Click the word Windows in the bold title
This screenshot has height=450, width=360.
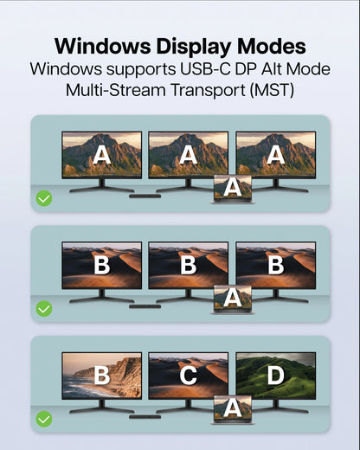[102, 46]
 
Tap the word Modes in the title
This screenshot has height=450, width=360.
[272, 46]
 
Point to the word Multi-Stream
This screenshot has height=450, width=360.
[116, 90]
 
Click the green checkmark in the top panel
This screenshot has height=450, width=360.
[44, 198]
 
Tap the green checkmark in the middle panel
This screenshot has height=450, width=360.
[44, 309]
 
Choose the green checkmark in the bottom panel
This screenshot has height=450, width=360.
[44, 419]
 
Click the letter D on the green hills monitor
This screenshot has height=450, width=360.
[276, 376]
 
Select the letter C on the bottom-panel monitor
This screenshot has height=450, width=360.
[189, 376]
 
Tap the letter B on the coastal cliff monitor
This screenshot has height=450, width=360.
[102, 376]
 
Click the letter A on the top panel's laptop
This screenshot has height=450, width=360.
[233, 187]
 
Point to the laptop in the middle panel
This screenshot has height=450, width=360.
[233, 299]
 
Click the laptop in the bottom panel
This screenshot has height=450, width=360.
[233, 409]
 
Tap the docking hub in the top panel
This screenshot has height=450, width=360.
[145, 196]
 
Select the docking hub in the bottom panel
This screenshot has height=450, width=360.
[145, 417]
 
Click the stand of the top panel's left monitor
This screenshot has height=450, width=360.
[102, 185]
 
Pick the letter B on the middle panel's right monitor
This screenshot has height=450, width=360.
[276, 265]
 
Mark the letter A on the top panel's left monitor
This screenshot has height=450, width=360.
[102, 155]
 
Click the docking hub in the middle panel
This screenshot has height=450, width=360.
[145, 306]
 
